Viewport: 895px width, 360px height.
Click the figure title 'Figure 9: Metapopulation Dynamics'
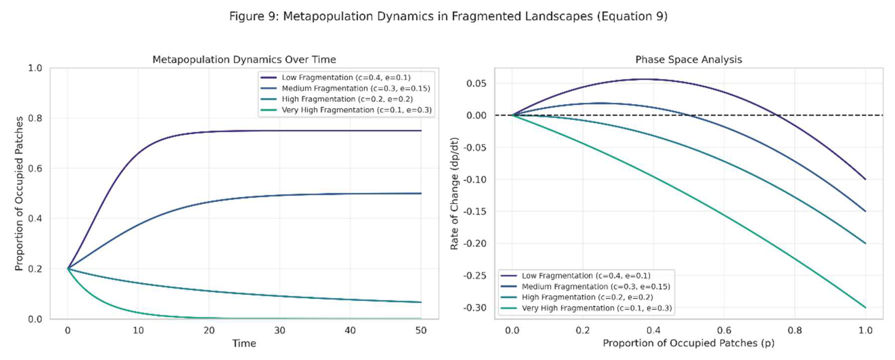(448, 16)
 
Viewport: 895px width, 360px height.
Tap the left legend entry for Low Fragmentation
(346, 77)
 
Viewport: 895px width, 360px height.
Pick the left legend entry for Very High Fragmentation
(356, 110)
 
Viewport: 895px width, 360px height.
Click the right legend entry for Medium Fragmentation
(595, 287)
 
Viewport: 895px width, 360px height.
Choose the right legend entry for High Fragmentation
(587, 297)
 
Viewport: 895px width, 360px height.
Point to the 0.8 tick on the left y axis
(35, 118)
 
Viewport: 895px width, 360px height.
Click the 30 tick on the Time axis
(280, 330)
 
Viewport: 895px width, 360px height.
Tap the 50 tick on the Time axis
(421, 330)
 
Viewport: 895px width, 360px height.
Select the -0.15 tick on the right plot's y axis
(475, 211)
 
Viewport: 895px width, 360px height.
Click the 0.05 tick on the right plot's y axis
(476, 83)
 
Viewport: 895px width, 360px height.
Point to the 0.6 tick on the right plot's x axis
(724, 330)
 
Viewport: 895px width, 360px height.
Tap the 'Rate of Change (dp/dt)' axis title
(454, 194)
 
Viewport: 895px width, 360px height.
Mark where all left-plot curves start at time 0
(68, 269)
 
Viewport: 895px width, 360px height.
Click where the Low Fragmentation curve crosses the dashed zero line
(777, 115)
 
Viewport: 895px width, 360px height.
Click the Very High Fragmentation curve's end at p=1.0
(865, 307)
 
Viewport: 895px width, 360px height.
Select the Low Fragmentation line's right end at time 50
(421, 131)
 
